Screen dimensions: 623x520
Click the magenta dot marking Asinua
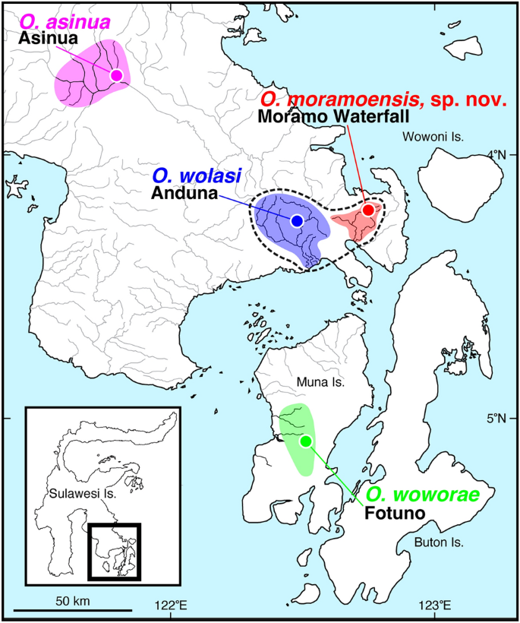[116, 74]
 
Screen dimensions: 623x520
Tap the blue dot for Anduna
[297, 220]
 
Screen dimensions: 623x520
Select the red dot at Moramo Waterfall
[368, 210]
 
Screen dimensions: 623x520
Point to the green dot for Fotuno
[306, 441]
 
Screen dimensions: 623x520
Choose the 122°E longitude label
[171, 606]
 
